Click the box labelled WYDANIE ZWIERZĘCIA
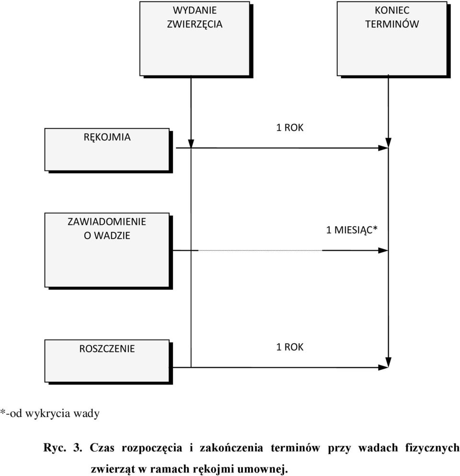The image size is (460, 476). pos(195,38)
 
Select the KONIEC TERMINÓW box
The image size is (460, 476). pos(392,38)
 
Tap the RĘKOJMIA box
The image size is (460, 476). pos(107,150)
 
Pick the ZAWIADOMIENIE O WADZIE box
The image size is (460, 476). pos(107,250)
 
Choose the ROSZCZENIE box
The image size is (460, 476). pos(107,361)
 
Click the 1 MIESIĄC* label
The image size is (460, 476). pos(352,230)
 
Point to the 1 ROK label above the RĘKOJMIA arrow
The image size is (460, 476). pos(289,128)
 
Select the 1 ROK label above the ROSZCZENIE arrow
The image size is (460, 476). pos(289,347)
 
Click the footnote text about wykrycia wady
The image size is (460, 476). pos(50,413)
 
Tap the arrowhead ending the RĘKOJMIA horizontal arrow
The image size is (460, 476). pos(383,148)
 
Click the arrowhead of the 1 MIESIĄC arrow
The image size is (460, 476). pos(383,250)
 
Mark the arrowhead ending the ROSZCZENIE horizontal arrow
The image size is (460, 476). pos(383,367)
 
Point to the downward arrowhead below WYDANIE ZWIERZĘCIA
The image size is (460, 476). pos(191,143)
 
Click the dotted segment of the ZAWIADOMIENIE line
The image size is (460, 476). pos(260,250)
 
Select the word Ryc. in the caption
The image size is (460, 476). pos(55,448)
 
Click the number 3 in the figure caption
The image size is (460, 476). pos(78,448)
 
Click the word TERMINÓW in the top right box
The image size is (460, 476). pos(392,24)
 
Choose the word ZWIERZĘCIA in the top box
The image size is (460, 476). pos(195,24)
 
